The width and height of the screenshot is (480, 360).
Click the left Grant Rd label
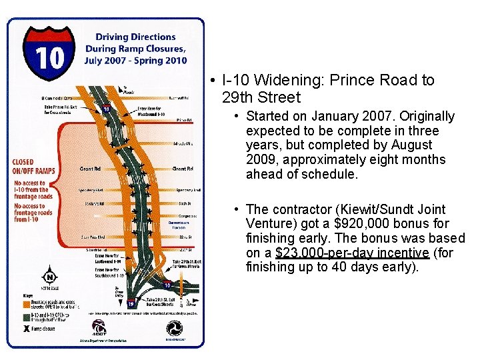click(90, 169)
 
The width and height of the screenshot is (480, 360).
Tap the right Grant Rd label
click(183, 169)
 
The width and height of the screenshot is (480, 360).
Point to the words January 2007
click(367, 117)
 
